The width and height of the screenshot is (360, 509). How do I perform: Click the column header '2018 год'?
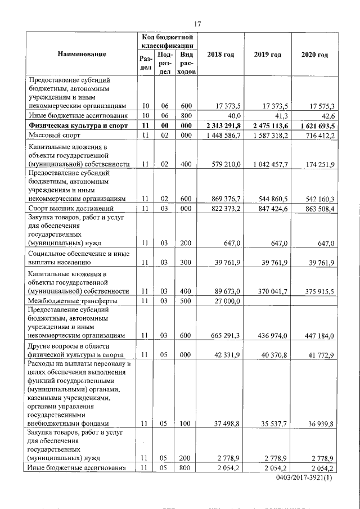[x=221, y=54]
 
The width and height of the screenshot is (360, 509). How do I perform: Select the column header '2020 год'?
[x=314, y=54]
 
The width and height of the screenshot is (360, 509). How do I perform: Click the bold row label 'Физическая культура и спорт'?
[x=75, y=126]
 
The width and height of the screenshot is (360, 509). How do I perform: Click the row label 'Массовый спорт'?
[x=54, y=136]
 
